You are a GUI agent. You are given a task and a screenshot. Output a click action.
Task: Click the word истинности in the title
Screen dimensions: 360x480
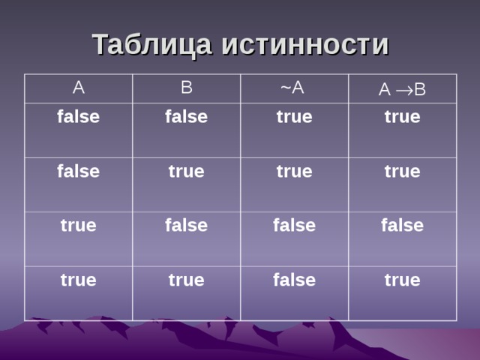(305, 45)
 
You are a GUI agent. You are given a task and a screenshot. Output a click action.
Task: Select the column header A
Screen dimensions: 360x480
(78, 88)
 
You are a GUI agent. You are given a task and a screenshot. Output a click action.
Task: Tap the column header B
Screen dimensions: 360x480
(187, 88)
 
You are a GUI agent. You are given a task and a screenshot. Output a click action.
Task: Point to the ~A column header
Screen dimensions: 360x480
(292, 88)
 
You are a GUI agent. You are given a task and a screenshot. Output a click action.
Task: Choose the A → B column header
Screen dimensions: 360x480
(402, 90)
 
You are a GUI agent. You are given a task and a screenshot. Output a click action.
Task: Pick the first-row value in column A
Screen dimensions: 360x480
(79, 116)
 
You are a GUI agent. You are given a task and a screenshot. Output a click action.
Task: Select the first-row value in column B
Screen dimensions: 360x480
(187, 116)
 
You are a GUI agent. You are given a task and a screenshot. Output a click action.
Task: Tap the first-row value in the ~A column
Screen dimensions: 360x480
(294, 117)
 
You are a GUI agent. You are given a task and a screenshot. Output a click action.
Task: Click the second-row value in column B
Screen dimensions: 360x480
(187, 171)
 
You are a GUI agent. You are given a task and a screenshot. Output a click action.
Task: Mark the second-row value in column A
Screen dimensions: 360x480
(79, 171)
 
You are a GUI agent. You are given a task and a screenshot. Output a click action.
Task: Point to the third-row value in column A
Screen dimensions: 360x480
(78, 225)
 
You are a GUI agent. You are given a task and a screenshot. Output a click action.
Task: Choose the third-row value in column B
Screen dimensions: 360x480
(187, 224)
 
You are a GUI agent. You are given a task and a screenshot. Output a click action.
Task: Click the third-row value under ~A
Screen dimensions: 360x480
(294, 224)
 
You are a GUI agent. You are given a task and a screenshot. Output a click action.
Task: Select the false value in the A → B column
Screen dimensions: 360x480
(402, 224)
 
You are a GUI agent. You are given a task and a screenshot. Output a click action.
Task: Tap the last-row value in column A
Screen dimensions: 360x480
(78, 280)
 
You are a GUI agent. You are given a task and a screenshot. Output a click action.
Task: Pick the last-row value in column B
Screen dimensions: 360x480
(187, 280)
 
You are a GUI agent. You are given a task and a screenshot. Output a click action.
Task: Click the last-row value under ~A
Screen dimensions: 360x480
(294, 280)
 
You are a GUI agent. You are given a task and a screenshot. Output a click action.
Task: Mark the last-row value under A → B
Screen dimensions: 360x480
(402, 280)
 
